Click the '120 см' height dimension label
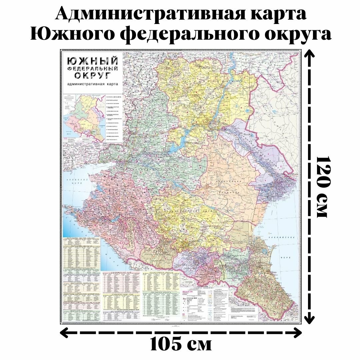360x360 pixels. tap(323, 187)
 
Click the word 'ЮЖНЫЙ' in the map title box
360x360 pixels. tap(93, 61)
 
